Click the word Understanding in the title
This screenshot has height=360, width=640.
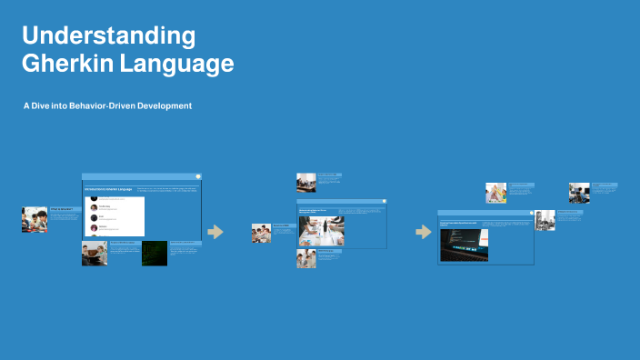pos(108,36)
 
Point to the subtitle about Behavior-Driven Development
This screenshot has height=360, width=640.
pos(107,106)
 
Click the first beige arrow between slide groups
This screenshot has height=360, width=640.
pos(215,232)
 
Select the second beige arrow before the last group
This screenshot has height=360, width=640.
pos(423,232)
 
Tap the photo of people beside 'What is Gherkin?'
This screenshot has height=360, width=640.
pos(34,219)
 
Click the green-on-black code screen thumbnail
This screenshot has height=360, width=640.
pos(154,253)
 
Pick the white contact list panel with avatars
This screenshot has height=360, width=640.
pos(115,215)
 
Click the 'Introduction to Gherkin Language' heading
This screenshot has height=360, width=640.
pos(108,189)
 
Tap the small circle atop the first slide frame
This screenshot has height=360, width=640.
pos(198,175)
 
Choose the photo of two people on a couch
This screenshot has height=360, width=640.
pos(95,253)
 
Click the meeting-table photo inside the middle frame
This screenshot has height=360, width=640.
pos(321,231)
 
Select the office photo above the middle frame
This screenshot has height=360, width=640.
pos(305,182)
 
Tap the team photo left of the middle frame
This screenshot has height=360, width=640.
pos(261,234)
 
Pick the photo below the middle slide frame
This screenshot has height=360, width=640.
pos(305,259)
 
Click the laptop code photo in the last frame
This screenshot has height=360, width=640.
pos(464,245)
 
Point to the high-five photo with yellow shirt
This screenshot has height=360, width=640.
pos(495,193)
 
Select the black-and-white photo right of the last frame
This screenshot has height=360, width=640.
pos(545,220)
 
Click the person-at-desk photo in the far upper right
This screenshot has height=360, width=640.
pos(579,193)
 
